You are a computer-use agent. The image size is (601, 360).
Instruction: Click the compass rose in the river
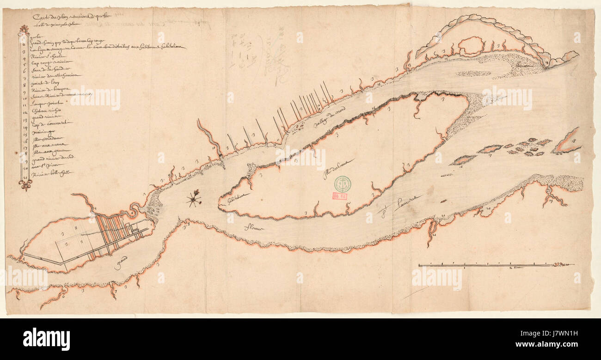pyautogui.click(x=194, y=199)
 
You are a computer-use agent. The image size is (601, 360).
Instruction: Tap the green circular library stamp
pyautogui.click(x=343, y=183)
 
